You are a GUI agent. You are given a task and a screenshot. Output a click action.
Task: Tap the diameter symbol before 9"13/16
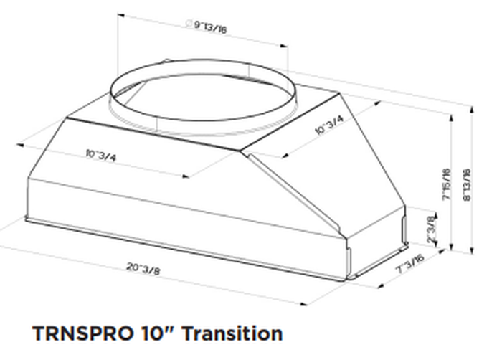[x=189, y=24]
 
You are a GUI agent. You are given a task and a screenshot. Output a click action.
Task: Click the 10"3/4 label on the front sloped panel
[x=101, y=153]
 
